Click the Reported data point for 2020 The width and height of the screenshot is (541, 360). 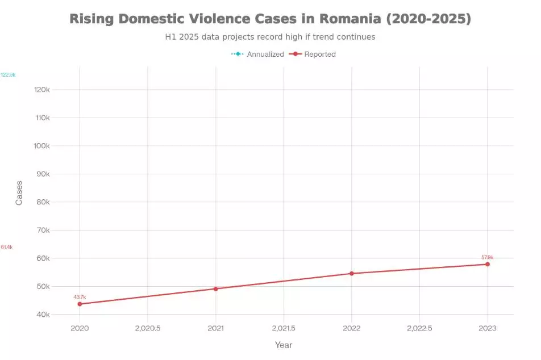point(80,304)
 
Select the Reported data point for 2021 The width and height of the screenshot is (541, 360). point(216,288)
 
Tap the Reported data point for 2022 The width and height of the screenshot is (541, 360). point(352,273)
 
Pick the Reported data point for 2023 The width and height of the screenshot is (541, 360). point(488,264)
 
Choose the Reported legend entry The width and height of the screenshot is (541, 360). point(313,55)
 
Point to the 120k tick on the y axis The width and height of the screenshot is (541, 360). point(42,90)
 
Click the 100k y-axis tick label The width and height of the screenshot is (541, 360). point(42,146)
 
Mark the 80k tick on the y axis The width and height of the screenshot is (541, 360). point(43,202)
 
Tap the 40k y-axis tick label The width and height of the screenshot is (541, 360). point(43,315)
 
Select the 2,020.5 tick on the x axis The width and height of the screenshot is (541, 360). point(148,328)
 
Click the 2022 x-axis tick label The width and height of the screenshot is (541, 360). point(352,328)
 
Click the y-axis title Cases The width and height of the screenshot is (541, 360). point(19,193)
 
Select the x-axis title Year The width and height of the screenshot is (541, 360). point(284,345)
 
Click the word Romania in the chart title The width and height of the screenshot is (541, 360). point(350,19)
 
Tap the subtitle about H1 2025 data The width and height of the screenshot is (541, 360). point(270,37)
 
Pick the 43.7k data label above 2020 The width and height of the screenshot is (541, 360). point(80,297)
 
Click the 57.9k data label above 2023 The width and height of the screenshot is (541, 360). point(488,257)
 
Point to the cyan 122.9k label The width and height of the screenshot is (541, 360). point(9,75)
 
